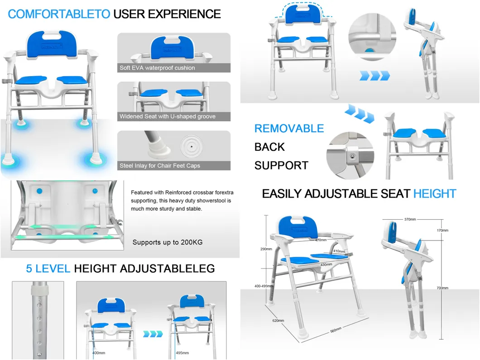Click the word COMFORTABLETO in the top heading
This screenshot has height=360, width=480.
59,14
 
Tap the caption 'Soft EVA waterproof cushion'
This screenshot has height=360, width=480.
157,68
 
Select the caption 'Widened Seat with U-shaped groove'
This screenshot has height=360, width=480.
168,116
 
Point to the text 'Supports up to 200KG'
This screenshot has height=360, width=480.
168,242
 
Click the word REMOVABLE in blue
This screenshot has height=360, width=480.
289,129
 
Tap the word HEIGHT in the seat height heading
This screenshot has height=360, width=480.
434,194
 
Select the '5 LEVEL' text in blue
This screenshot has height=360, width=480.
48,269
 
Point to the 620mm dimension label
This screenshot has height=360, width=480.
278,321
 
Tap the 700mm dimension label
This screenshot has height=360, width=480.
442,288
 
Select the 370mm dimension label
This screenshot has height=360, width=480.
410,220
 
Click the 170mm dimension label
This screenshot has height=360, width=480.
442,230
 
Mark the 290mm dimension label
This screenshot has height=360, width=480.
266,249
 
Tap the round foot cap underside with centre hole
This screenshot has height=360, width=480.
192,146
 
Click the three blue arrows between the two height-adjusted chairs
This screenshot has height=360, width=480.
152,334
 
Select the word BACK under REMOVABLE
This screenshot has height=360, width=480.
269,147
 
